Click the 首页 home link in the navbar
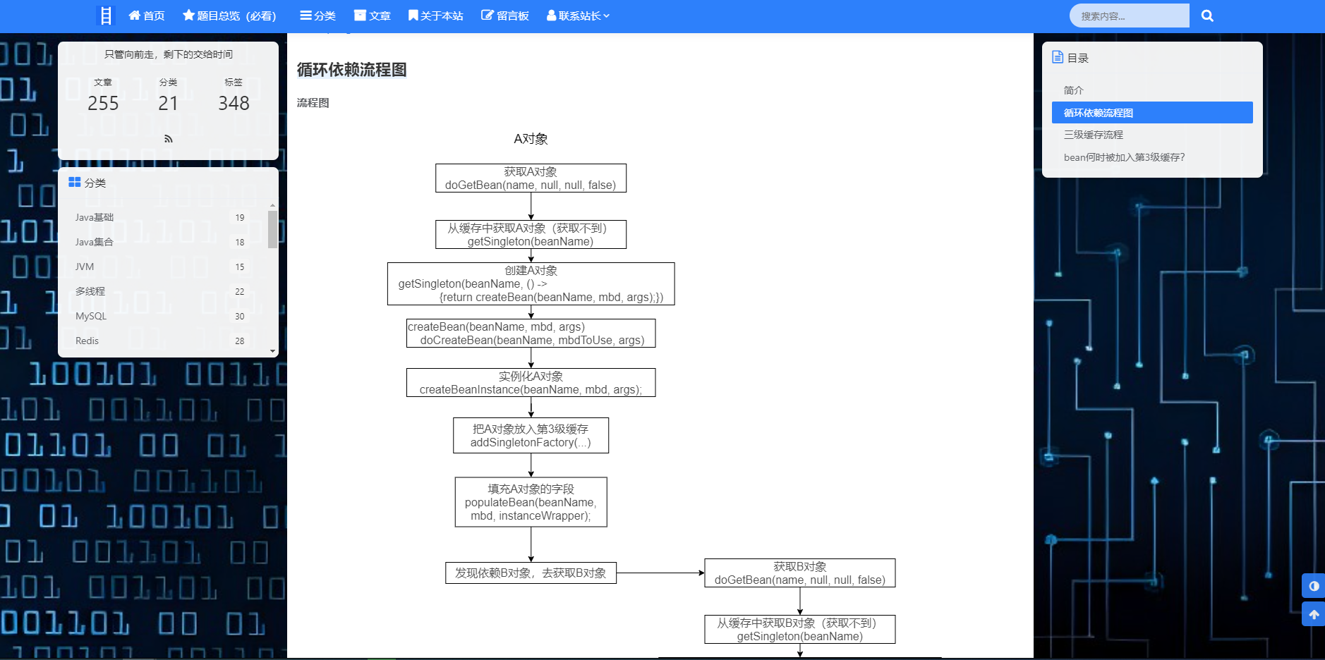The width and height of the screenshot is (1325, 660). [x=147, y=16]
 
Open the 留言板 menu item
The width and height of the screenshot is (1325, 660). [x=505, y=16]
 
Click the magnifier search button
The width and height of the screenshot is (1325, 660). [x=1207, y=16]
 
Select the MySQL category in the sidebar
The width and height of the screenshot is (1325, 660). [x=91, y=316]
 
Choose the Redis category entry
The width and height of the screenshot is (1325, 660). [x=87, y=341]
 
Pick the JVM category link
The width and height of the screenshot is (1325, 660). [x=85, y=267]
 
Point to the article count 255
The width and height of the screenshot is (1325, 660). [x=103, y=103]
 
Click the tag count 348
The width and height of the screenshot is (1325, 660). [x=234, y=103]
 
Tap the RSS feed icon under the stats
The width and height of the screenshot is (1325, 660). [x=168, y=139]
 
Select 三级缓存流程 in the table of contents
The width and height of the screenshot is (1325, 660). [x=1093, y=135]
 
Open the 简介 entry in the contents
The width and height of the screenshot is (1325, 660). [x=1073, y=90]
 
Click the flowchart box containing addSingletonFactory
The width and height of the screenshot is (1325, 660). [x=531, y=436]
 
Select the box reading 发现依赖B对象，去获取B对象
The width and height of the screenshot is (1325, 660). [x=531, y=573]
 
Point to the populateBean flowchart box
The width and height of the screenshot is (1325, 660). [x=531, y=502]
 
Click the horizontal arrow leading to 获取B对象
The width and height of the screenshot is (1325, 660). [x=660, y=573]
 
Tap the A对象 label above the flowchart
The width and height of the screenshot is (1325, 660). [x=531, y=139]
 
